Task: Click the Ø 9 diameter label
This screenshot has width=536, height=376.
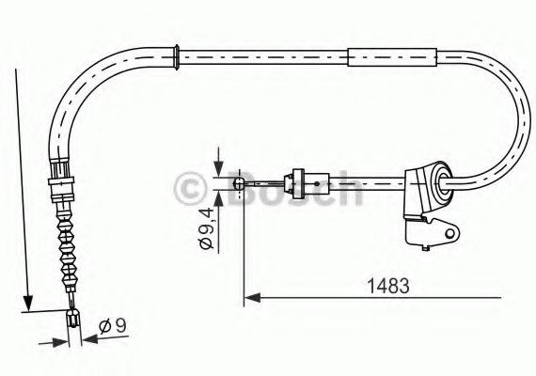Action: pyautogui.click(x=113, y=326)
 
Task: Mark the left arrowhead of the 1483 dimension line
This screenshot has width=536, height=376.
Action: pyautogui.click(x=250, y=298)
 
